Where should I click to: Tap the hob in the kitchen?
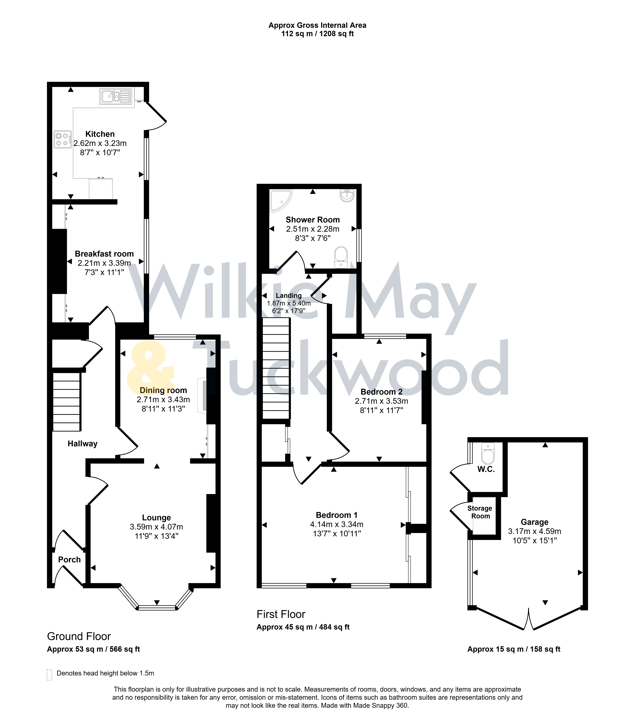click(x=63, y=139)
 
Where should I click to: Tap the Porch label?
click(x=69, y=559)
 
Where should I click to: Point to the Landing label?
click(x=288, y=296)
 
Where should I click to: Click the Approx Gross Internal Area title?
click(x=317, y=25)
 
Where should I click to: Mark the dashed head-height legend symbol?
click(x=49, y=675)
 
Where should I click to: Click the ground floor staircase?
click(x=67, y=402)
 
